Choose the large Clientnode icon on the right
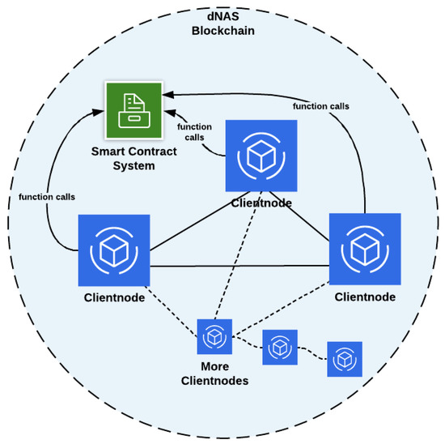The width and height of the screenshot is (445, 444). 364,250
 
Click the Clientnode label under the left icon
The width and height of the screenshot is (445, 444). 114,297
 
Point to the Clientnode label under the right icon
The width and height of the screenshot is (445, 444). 365,297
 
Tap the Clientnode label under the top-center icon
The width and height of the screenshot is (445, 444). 261,203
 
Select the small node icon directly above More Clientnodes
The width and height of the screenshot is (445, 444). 214,336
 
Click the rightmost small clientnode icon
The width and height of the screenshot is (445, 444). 344,359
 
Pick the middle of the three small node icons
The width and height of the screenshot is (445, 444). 280,347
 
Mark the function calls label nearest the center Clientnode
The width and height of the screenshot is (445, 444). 193,130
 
